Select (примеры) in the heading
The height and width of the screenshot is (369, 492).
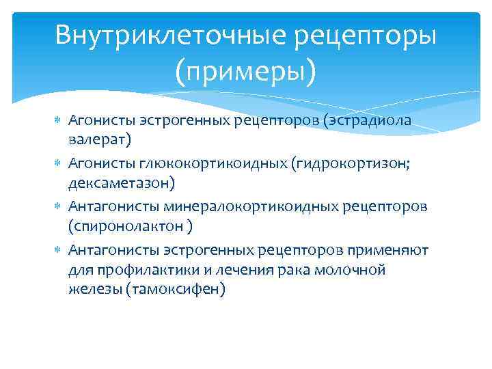pyautogui.click(x=245, y=71)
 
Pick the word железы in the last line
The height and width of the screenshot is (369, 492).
pyautogui.click(x=91, y=289)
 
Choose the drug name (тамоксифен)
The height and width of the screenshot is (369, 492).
pyautogui.click(x=171, y=289)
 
